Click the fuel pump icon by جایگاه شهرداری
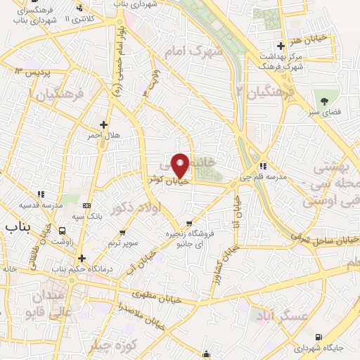(320, 337)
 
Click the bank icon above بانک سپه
(86, 205)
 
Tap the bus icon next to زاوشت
(63, 230)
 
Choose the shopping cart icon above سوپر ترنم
(122, 232)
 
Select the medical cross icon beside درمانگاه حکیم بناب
(82, 258)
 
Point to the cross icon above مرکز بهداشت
(281, 46)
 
